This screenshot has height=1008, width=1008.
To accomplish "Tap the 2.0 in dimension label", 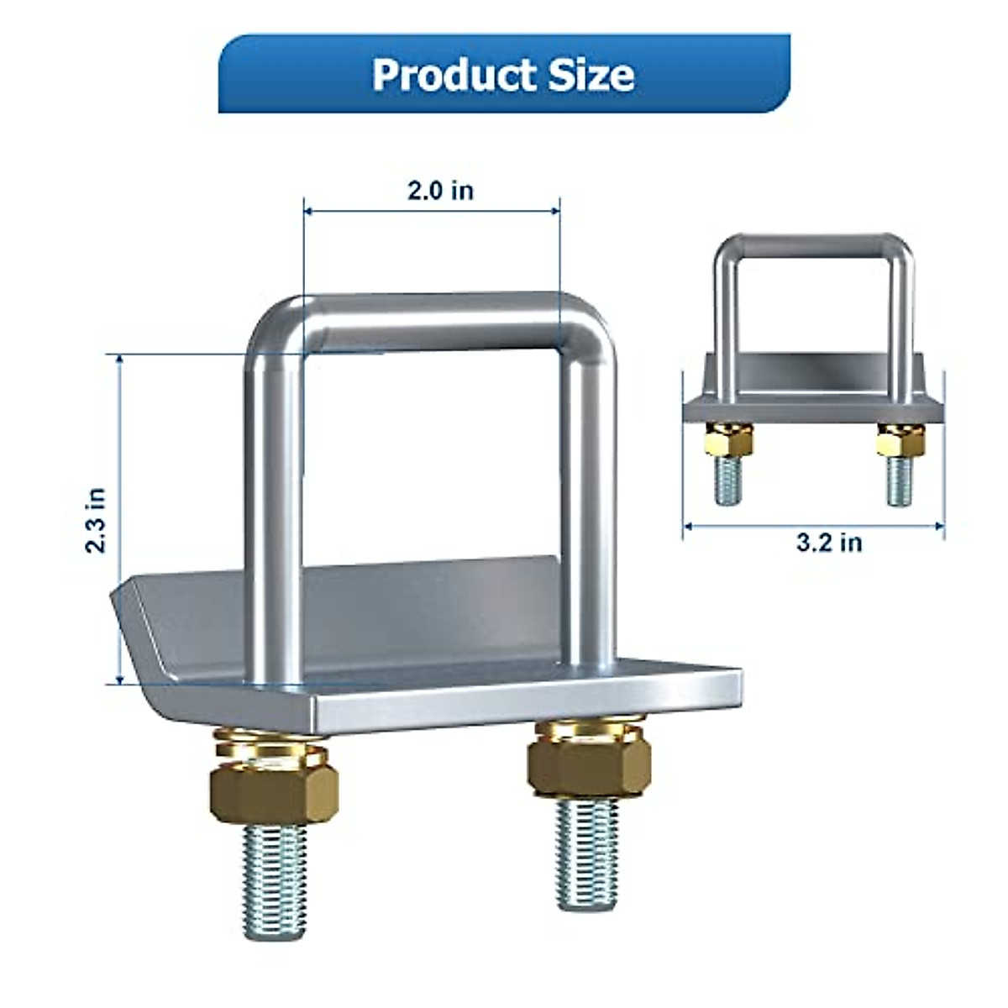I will tap(440, 191).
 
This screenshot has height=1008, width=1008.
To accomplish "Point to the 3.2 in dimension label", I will tap(829, 543).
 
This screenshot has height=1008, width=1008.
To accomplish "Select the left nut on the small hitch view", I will tap(728, 440).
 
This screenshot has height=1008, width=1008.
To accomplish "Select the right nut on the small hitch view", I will tap(900, 440).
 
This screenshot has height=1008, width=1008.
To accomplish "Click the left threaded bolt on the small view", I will tap(728, 481).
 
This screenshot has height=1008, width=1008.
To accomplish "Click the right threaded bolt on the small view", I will tap(900, 481).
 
